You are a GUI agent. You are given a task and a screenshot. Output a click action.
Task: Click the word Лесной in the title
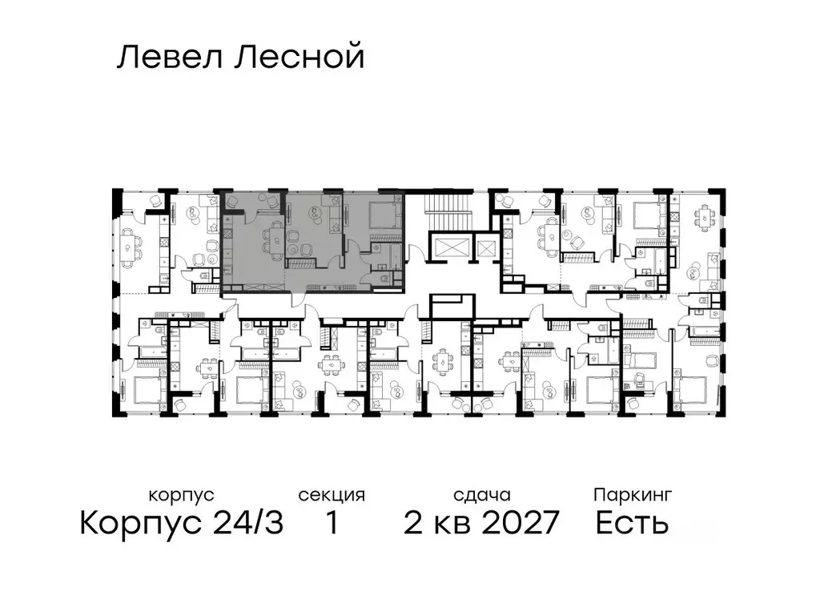click(x=299, y=58)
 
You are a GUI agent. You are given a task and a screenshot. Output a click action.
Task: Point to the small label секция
click(x=332, y=495)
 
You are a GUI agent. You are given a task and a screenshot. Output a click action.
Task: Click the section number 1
click(x=331, y=524)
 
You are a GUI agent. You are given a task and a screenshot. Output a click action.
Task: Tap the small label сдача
click(x=480, y=495)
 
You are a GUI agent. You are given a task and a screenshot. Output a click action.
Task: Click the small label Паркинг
click(x=632, y=495)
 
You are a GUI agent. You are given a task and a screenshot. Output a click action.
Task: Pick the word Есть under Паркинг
click(x=632, y=524)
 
